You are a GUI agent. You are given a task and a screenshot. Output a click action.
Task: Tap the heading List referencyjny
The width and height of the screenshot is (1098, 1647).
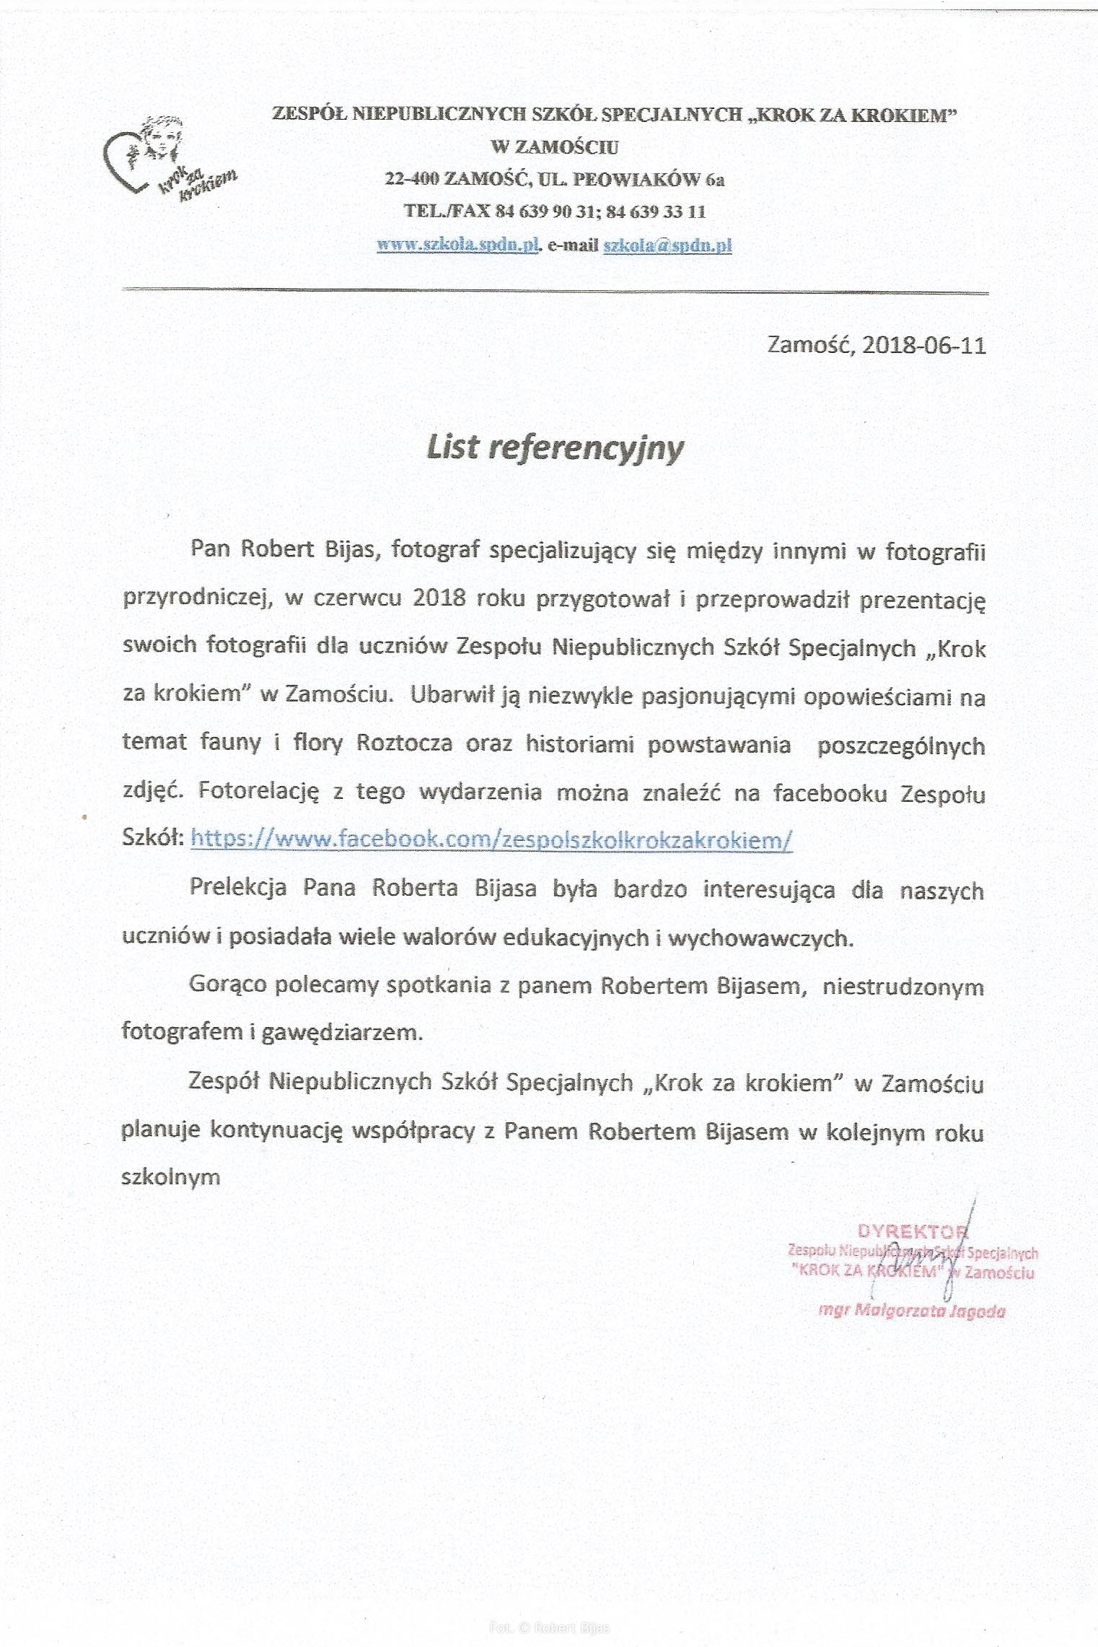(x=555, y=447)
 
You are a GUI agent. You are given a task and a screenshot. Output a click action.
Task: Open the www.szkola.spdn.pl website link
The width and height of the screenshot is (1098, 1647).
(x=459, y=245)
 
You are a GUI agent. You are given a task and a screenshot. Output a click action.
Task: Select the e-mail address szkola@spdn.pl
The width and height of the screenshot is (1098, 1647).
(x=667, y=245)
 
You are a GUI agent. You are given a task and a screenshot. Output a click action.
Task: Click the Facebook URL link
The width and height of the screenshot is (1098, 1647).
(x=491, y=839)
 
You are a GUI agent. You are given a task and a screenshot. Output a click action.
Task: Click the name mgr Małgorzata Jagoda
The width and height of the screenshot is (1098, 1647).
(x=912, y=1311)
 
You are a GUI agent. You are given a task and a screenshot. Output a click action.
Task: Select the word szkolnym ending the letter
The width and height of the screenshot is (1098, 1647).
(x=171, y=1177)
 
